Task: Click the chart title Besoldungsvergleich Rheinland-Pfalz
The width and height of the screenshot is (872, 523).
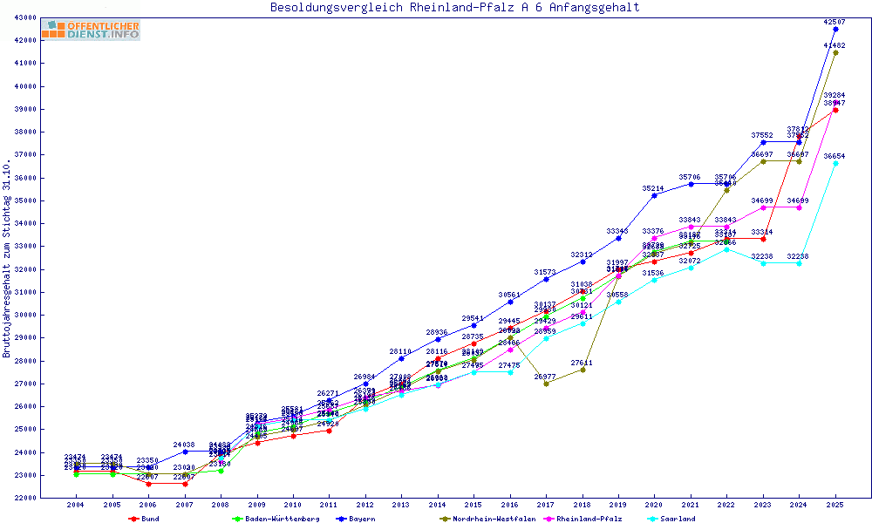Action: (x=455, y=7)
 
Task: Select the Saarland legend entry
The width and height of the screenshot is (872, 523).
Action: (x=678, y=519)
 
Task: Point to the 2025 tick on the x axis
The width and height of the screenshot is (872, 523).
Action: (x=835, y=505)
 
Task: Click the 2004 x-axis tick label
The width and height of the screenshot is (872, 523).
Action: (x=76, y=505)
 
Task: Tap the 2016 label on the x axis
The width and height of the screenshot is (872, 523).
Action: (x=510, y=505)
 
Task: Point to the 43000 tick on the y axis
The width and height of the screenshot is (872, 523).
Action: (x=24, y=17)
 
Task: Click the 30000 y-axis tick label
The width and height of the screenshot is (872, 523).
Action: (x=24, y=315)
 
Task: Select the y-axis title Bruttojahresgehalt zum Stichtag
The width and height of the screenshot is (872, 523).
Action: (x=7, y=258)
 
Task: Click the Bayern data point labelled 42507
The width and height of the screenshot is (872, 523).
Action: (x=835, y=29)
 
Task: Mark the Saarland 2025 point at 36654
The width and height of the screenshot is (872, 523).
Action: (x=835, y=163)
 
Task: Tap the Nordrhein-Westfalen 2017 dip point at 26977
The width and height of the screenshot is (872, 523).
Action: (x=547, y=384)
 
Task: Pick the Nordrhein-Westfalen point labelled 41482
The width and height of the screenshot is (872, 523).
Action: (x=835, y=52)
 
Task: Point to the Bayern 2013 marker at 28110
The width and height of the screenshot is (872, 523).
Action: (x=401, y=358)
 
